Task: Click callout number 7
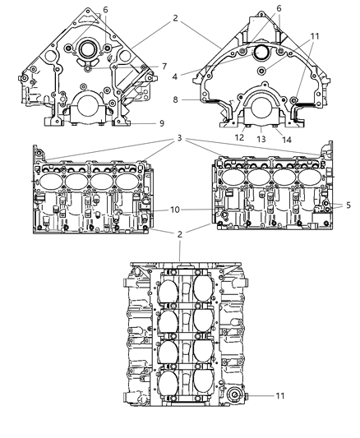coord(164,67)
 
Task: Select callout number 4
coord(174,76)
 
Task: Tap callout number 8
coord(175,99)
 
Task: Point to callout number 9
coord(161,123)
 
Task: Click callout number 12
coord(239,137)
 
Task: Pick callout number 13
coord(261,139)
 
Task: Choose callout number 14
coord(287,140)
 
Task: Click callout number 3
coord(179,138)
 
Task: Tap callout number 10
coord(175,210)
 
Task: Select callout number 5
coord(348,205)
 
